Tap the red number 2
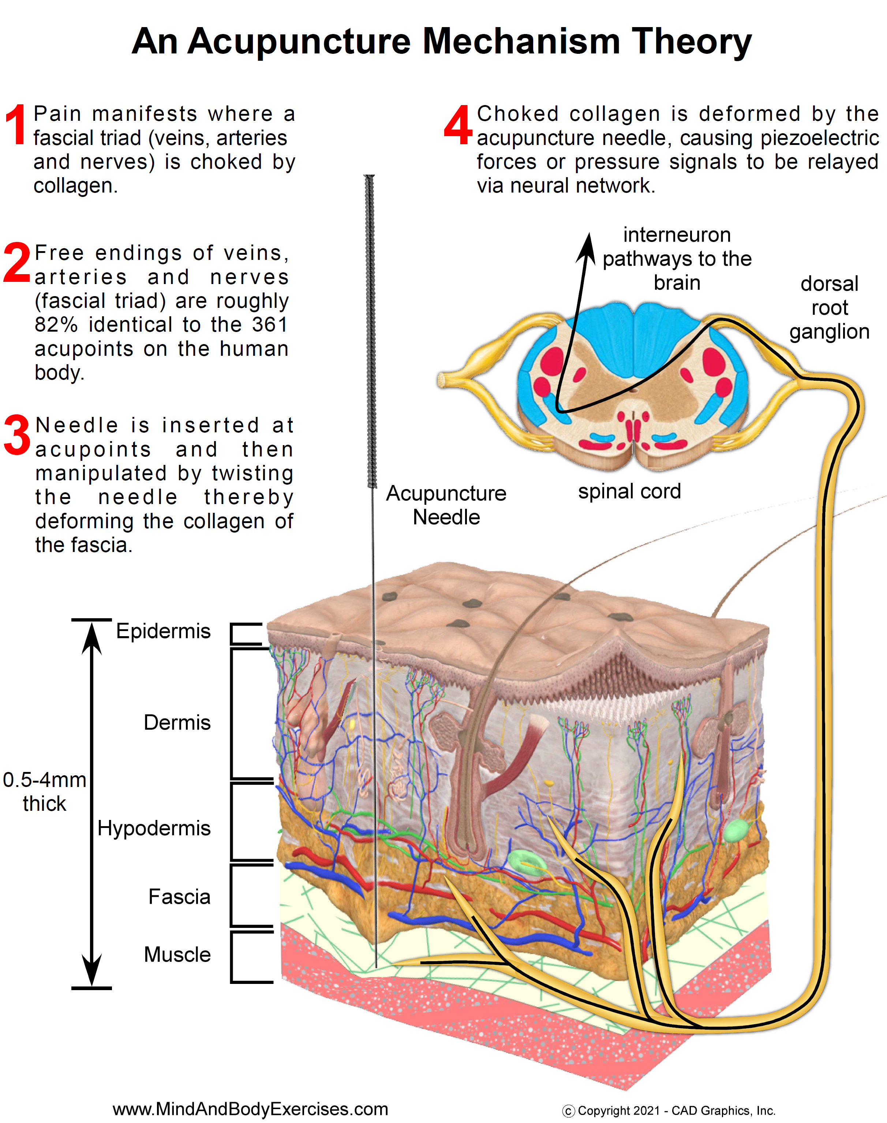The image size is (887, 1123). pos(16,263)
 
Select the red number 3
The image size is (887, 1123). pos(17,435)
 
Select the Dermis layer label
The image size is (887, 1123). pos(177,723)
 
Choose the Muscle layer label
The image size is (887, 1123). pos(177,955)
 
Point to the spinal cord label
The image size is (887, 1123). pos(629,491)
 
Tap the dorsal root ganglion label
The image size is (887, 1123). pos(829,307)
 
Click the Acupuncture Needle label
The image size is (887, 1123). pos(446,505)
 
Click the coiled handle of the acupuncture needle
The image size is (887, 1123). pos(370,332)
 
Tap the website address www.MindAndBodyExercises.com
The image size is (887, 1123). pos(250,1109)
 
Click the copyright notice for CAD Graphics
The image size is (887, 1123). pos(669,1111)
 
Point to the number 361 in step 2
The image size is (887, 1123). pos(270,325)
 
